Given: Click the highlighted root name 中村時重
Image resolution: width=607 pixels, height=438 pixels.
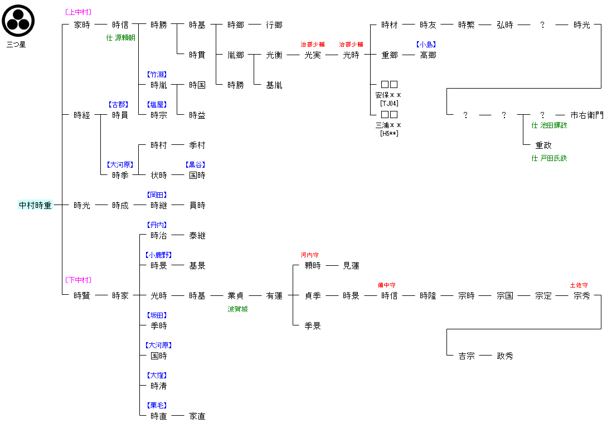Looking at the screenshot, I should tap(35, 206).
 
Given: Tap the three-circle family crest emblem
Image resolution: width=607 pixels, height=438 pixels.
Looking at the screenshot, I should tap(18, 21).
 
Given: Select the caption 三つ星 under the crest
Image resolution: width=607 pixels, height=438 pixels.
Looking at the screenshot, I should tap(16, 44).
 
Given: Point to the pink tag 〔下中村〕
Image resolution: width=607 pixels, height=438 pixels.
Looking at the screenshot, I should tap(78, 280).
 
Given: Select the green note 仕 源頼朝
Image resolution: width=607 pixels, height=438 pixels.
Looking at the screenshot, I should tap(120, 38).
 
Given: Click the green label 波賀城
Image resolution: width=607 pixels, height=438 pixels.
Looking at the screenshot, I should tap(237, 309).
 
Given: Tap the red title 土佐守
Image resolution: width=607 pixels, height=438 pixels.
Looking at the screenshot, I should tap(579, 285).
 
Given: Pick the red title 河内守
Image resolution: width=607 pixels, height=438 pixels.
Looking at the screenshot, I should tap(309, 255).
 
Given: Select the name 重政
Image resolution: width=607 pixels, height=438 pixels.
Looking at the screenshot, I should tap(543, 145).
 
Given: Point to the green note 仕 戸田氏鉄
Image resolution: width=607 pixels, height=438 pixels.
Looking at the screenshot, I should tap(549, 158).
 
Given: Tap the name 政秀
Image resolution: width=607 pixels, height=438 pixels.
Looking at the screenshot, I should tap(505, 356).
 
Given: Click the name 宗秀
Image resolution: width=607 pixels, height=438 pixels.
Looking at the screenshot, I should tap(582, 296).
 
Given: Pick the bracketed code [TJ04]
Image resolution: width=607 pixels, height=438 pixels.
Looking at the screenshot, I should tap(389, 103).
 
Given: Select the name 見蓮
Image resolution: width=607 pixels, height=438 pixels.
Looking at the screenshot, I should tap(351, 266).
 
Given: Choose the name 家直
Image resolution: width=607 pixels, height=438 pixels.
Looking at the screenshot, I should tap(197, 416).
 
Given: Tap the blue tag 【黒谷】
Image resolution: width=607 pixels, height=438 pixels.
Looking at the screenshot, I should tap(196, 165).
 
